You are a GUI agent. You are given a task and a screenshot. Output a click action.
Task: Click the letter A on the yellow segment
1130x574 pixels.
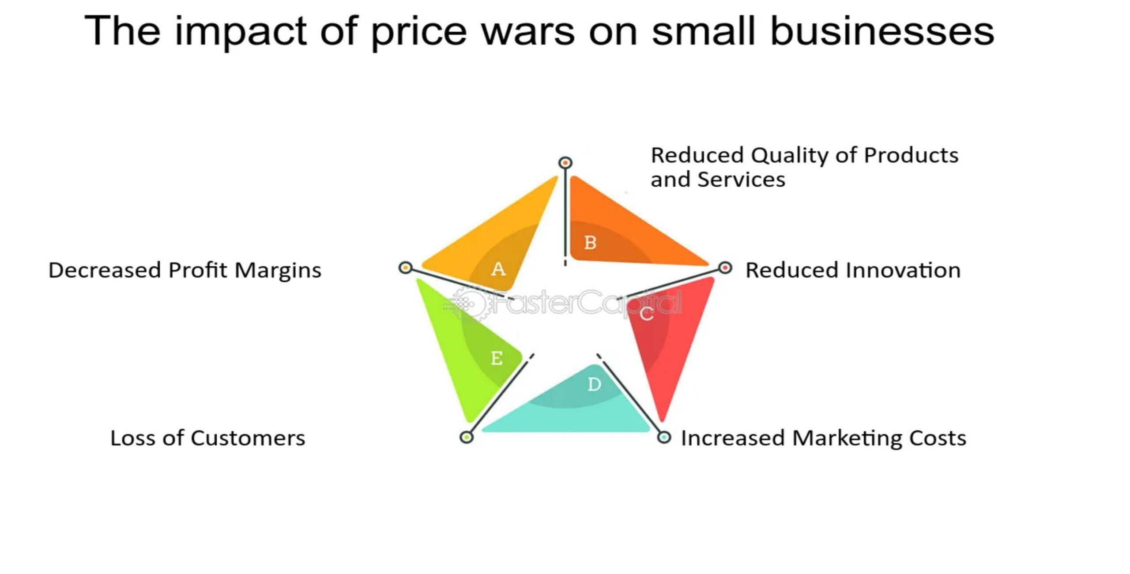pos(498,269)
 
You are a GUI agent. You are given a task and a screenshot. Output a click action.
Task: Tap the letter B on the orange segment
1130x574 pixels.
pos(590,242)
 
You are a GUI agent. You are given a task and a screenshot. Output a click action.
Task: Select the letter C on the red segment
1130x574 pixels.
pos(647,314)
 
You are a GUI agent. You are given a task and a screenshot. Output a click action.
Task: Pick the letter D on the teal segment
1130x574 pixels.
pos(594,384)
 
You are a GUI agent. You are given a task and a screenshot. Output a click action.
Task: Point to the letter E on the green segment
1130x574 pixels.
pos(497,358)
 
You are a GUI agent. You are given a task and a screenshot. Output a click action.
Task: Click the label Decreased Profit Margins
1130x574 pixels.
pos(185,270)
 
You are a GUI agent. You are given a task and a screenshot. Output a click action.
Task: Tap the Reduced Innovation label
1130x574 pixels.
pos(853,270)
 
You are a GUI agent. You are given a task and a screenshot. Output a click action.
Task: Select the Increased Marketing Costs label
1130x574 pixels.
pos(824,438)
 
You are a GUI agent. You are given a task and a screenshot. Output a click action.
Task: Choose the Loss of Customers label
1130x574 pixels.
pos(207,438)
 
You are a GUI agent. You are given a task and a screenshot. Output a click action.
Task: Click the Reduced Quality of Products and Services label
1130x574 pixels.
pos(805,167)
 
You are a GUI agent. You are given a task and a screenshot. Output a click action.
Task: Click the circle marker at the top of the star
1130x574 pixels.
pos(565,163)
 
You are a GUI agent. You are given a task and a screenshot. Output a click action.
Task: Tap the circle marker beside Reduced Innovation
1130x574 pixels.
pos(725,268)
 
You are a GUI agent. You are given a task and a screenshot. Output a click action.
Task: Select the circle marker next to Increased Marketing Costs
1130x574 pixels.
pos(664,437)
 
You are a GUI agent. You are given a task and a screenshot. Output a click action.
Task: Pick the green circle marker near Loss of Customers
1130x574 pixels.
pos(467,437)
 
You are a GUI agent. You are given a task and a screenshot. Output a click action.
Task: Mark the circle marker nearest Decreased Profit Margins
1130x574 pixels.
pos(405,267)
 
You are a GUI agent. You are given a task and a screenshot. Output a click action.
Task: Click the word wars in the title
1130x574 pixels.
pos(528,31)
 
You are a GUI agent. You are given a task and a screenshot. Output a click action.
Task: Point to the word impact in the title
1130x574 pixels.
pos(241,32)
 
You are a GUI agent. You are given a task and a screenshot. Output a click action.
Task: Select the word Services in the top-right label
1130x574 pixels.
pos(741,179)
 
